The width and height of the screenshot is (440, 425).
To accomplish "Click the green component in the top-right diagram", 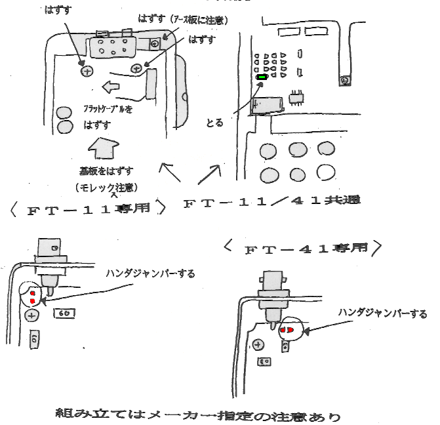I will (262, 77).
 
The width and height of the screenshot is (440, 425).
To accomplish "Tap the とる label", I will (214, 123).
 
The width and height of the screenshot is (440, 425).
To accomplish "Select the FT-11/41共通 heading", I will (271, 201).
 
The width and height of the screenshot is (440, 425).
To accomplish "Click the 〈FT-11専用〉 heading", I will (87, 211).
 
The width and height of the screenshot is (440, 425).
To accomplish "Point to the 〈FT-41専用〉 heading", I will (302, 249).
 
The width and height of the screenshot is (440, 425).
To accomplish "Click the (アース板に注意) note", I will (197, 20).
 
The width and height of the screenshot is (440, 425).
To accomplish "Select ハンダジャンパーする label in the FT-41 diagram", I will (382, 314).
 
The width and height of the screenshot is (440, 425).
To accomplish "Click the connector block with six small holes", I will (112, 46).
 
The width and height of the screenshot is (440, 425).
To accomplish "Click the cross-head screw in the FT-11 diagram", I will (31, 315).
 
